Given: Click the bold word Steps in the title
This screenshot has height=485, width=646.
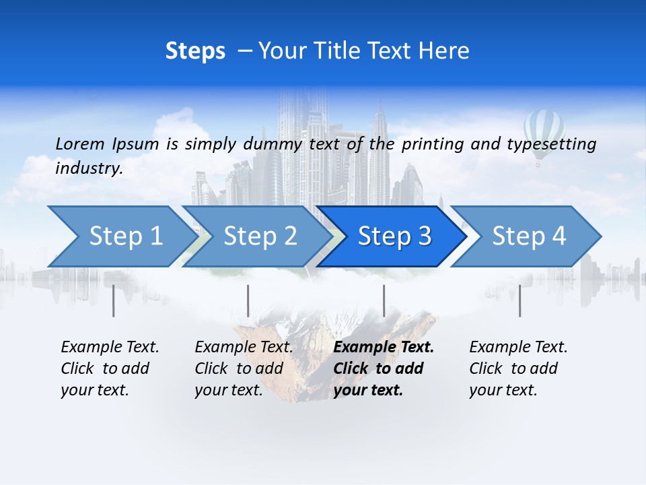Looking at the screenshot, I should (x=195, y=51).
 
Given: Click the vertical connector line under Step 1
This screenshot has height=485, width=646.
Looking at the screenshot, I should (x=113, y=300).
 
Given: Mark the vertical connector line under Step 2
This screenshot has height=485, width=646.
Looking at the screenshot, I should (x=248, y=300).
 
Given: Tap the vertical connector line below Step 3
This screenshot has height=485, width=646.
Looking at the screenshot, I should (x=384, y=300).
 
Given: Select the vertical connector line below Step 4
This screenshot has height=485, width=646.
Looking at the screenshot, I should (x=519, y=300).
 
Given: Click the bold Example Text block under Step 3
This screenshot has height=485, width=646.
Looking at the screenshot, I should (x=383, y=368).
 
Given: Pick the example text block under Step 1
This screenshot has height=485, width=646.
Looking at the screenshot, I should (x=110, y=368).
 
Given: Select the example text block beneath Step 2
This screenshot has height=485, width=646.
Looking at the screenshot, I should (x=244, y=368).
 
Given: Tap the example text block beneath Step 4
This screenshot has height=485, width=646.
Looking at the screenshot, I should (x=518, y=368).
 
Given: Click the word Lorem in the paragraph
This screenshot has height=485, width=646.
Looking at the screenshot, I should (x=79, y=143).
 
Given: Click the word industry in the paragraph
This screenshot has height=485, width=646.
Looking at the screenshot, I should (x=88, y=168).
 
